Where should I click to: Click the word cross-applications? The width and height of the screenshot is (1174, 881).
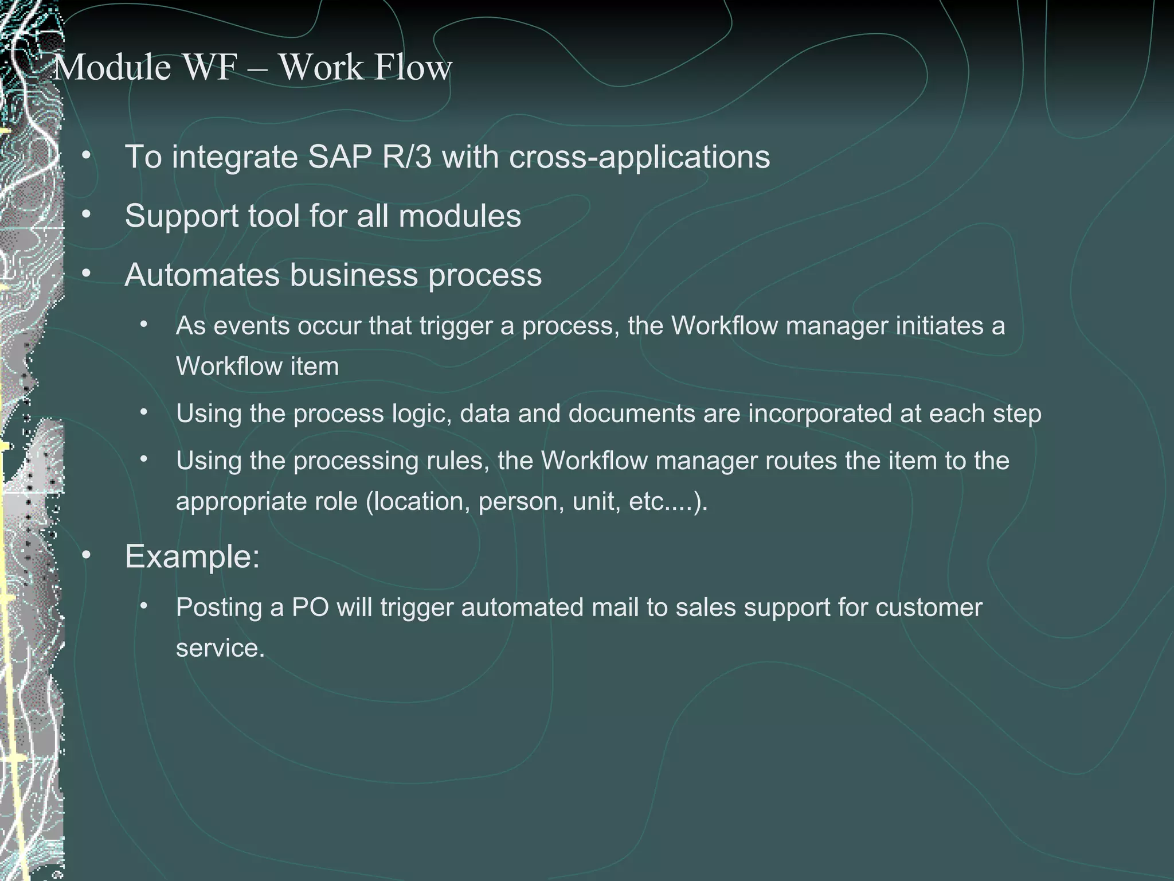(639, 157)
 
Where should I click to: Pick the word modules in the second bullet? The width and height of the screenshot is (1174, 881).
(459, 216)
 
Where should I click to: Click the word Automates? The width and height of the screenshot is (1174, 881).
(202, 275)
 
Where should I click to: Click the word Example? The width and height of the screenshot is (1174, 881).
(192, 556)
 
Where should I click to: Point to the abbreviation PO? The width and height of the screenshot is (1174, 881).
(310, 607)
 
